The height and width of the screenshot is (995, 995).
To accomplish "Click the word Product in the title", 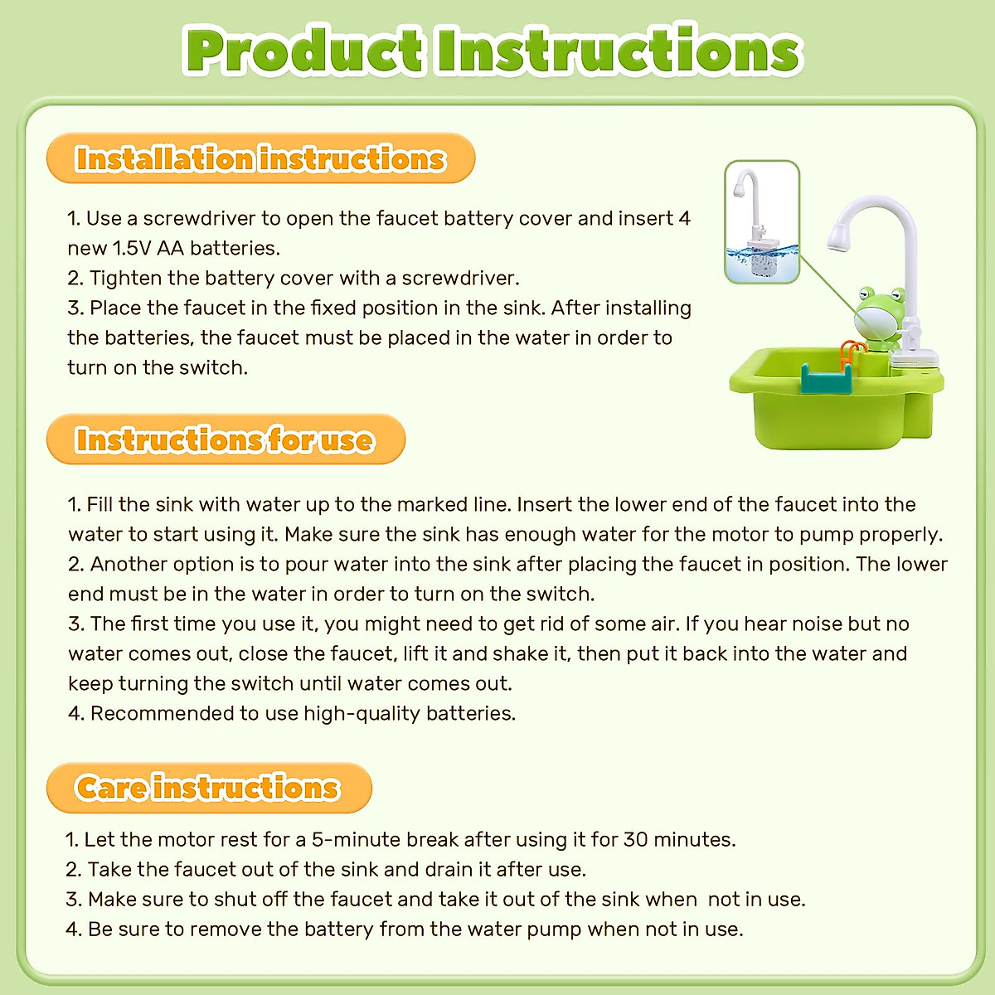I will pyautogui.click(x=305, y=51).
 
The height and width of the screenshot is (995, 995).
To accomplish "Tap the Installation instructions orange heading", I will pyautogui.click(x=260, y=158).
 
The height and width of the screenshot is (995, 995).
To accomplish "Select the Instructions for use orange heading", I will pyautogui.click(x=225, y=439).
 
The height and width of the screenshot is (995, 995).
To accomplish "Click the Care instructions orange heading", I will pyautogui.click(x=208, y=787).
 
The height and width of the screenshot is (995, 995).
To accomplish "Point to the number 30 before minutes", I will pyautogui.click(x=635, y=839).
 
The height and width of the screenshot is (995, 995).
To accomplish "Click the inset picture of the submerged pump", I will pyautogui.click(x=762, y=222).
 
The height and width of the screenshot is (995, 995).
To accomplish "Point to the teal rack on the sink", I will pyautogui.click(x=827, y=379).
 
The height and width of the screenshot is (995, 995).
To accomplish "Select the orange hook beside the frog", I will pyautogui.click(x=850, y=352).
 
